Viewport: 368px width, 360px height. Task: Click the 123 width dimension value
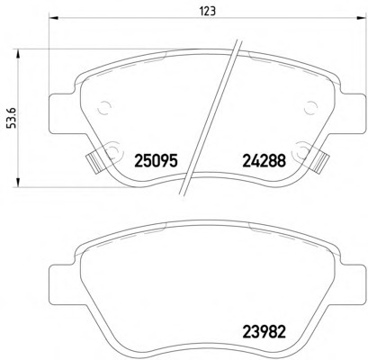pos(207,11)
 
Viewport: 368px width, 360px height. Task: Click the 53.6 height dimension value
pos(11,118)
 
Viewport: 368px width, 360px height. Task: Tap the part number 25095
pos(157,161)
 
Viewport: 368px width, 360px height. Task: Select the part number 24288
pos(264,161)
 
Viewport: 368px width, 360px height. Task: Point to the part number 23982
pos(264,332)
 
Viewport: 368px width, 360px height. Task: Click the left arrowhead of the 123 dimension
pos(53,19)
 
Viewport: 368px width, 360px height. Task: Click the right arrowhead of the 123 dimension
pos(362,19)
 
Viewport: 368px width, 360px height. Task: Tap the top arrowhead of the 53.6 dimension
pos(18,54)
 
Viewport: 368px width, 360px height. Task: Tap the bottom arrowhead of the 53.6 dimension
pos(18,183)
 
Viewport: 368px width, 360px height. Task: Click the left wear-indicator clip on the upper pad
pos(94,162)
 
